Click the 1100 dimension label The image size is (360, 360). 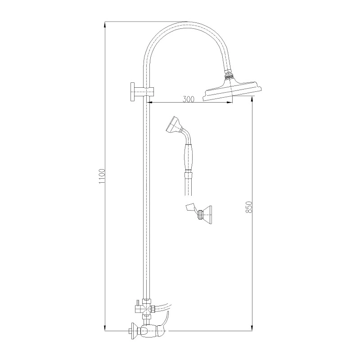102,176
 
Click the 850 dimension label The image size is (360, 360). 249,207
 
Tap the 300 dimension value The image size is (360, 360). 189,99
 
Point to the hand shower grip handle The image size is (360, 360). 188,157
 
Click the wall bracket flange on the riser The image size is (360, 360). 133,92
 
